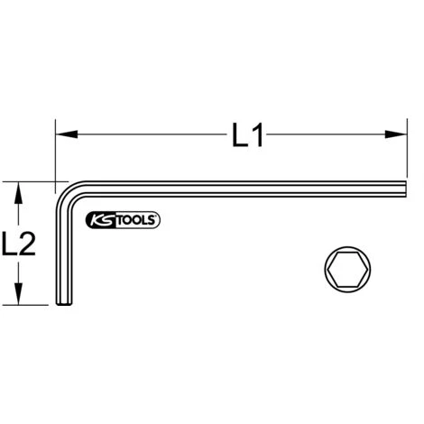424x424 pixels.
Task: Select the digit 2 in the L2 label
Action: (27, 244)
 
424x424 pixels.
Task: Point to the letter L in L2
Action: (9, 244)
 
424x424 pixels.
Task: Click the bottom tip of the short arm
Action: (63, 306)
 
